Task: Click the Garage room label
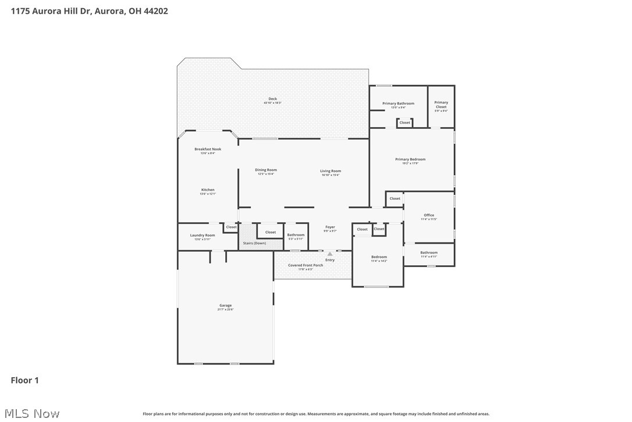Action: (225, 305)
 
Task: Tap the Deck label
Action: (272, 99)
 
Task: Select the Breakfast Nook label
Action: (208, 149)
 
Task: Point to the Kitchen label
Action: (208, 190)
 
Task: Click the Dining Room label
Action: (265, 170)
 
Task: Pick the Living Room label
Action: (331, 171)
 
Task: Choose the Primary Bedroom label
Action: (410, 159)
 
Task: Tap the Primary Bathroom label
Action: (398, 104)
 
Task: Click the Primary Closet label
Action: (441, 105)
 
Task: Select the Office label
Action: (429, 216)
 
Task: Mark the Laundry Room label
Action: (203, 235)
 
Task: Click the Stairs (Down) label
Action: (254, 243)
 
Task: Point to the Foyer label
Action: (330, 227)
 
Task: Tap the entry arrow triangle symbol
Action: (330, 254)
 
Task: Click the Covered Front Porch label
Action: (306, 265)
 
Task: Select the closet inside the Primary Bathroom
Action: (404, 122)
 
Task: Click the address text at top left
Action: (89, 10)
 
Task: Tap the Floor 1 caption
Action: (24, 380)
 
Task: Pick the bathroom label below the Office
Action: (429, 253)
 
